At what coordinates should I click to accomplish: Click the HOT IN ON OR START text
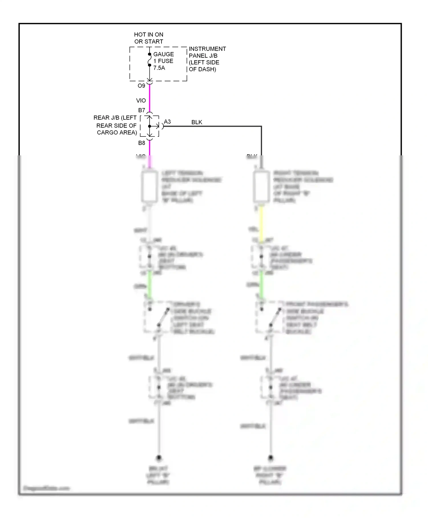point(149,38)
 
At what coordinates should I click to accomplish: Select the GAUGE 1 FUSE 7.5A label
point(163,61)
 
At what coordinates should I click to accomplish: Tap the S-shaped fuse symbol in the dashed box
point(150,60)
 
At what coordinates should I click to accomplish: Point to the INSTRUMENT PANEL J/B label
point(207,59)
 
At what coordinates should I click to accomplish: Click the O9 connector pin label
point(142,86)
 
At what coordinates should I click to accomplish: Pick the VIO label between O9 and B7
point(141,101)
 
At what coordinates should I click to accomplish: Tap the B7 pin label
point(142,110)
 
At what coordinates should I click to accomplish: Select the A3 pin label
point(167,122)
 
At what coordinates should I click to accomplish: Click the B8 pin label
point(142,143)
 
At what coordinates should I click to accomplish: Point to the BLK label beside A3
point(197,122)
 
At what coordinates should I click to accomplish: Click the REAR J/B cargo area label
point(116,125)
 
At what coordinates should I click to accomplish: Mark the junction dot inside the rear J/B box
point(150,126)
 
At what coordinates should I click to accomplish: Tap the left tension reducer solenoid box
point(150,186)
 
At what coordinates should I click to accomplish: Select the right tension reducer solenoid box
point(261,186)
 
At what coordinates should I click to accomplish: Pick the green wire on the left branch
point(150,284)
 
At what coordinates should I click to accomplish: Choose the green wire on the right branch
point(261,284)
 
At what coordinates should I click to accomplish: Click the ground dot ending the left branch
point(159,458)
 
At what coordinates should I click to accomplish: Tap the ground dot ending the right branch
point(270,458)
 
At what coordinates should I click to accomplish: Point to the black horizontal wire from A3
point(213,126)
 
